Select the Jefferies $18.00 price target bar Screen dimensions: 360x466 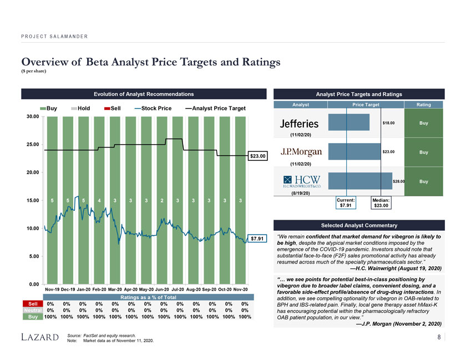pyautogui.click(x=349, y=123)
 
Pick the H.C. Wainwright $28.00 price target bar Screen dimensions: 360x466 pyautogui.click(x=360, y=181)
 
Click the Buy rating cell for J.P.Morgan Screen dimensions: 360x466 pyautogui.click(x=423, y=152)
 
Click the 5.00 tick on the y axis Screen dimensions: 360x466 pyautogui.click(x=33, y=256)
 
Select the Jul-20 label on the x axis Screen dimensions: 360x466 pyautogui.click(x=177, y=290)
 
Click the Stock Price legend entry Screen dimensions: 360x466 pyautogui.click(x=153, y=108)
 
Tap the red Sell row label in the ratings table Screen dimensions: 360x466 pyautogui.click(x=32, y=303)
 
